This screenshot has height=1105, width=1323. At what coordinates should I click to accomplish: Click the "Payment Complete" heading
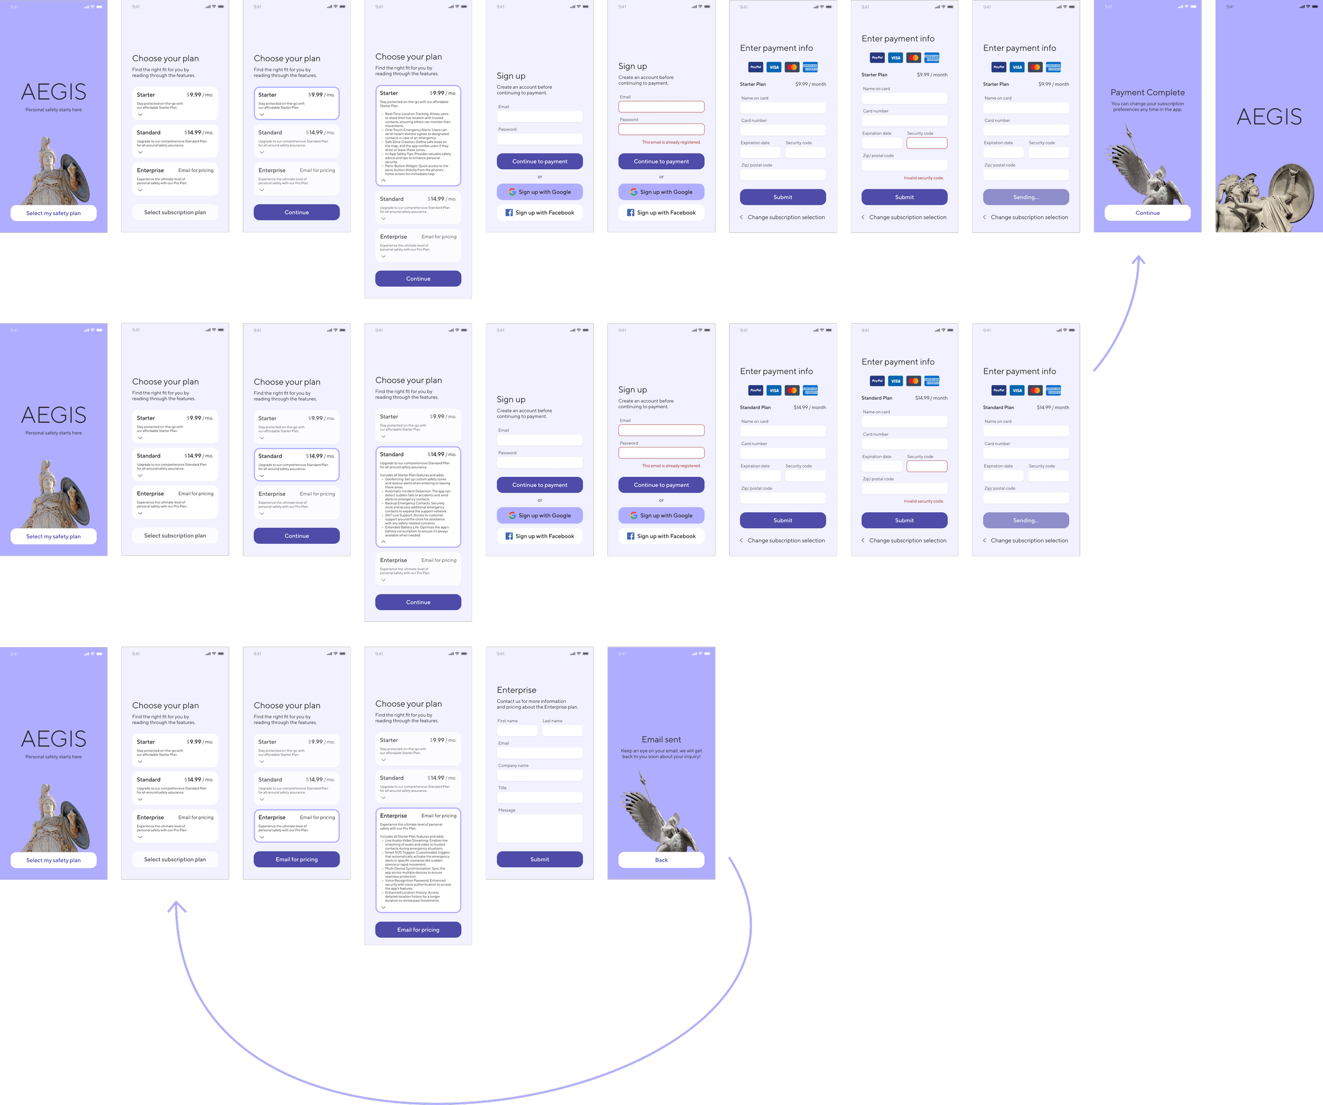1147,93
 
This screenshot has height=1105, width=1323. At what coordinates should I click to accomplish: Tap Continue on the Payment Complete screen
1147,213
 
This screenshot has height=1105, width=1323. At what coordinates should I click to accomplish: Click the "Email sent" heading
661,740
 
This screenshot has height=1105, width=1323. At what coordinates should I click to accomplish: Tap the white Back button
661,860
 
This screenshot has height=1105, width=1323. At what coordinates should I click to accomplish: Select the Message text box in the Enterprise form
539,828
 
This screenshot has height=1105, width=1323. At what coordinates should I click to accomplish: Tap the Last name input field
562,731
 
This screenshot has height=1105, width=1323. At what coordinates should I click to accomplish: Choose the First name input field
516,731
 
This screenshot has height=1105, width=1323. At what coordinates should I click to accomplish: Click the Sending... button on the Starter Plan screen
1026,197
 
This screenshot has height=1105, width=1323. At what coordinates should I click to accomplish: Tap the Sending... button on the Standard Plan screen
1026,520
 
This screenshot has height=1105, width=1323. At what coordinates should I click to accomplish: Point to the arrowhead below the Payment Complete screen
1138,259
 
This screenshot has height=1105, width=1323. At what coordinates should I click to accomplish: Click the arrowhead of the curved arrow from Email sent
177,907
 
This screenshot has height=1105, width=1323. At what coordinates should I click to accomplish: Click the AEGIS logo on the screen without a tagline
1269,116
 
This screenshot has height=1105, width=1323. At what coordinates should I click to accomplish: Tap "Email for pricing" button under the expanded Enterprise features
418,930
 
